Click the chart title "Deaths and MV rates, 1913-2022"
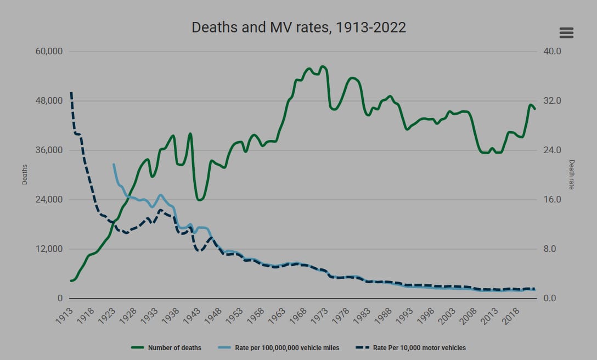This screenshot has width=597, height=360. tap(298, 27)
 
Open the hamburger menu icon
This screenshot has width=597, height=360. tap(566, 33)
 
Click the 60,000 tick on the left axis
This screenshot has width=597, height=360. tap(48, 52)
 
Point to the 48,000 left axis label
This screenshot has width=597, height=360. tap(48, 101)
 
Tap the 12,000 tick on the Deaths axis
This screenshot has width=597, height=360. tap(48, 249)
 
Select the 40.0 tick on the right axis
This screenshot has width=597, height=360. tap(549, 52)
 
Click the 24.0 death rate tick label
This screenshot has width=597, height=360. tap(549, 150)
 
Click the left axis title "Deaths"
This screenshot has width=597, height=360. tap(24, 175)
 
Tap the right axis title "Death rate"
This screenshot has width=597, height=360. tap(571, 175)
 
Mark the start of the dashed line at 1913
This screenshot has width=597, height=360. tap(71, 93)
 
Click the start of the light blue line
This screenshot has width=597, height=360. tap(114, 165)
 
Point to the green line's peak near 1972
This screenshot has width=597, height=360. tap(322, 66)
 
